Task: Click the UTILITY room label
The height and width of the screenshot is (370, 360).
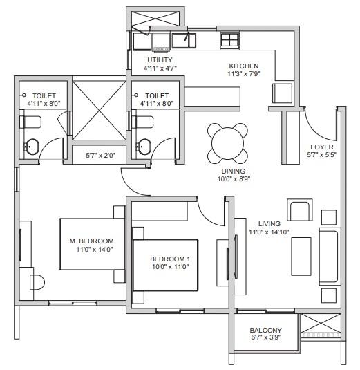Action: coord(160,59)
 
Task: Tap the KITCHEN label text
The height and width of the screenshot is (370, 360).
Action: coord(244,66)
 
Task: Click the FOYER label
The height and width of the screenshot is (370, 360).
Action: coord(322,147)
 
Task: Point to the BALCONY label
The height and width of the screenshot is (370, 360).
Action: coord(266,330)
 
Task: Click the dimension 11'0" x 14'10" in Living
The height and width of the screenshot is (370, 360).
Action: coord(269,232)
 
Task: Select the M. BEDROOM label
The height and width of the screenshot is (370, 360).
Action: coord(91,241)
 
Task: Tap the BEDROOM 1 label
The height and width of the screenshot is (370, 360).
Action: coord(170,259)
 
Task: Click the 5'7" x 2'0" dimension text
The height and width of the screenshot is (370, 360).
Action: coord(100,156)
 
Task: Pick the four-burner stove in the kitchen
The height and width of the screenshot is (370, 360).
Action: coord(229,40)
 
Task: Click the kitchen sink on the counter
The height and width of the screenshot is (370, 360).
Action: coord(184,41)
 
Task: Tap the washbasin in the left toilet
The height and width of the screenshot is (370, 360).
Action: coord(31,147)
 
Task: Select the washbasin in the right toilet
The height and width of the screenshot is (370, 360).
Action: coord(144,147)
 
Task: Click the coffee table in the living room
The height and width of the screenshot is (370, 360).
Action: coord(301,257)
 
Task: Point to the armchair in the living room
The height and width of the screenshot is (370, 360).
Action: coord(300,210)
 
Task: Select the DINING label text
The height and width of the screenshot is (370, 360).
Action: coord(233,171)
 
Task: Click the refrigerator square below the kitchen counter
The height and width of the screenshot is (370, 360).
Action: coord(282,93)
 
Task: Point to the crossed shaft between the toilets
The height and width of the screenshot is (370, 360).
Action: coord(99,111)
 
